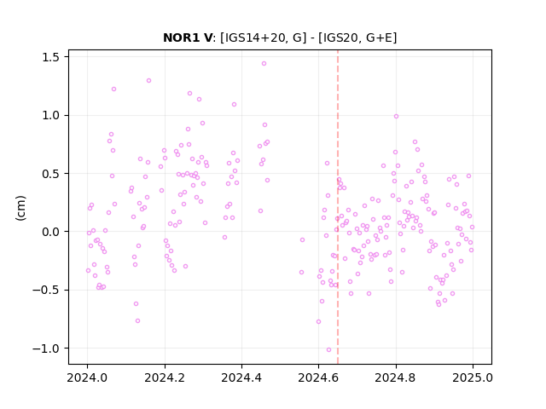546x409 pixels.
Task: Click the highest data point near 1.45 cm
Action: pyautogui.click(x=264, y=64)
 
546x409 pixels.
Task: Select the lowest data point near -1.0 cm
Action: pyautogui.click(x=328, y=350)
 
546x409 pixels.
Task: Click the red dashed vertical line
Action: pyautogui.click(x=338, y=207)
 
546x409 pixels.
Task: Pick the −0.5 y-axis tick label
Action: pyautogui.click(x=49, y=290)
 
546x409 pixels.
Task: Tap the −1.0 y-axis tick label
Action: pyautogui.click(x=49, y=349)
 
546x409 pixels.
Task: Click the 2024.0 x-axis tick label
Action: pyautogui.click(x=87, y=377)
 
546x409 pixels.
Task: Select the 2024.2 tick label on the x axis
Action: pyautogui.click(x=165, y=377)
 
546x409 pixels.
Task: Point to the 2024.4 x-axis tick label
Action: pyautogui.click(x=241, y=377)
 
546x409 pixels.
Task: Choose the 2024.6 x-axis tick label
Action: pyautogui.click(x=318, y=377)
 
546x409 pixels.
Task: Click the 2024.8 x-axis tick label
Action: pyautogui.click(x=396, y=377)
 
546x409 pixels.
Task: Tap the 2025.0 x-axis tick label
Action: pyautogui.click(x=473, y=377)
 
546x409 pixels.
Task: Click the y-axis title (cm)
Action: pyautogui.click(x=20, y=208)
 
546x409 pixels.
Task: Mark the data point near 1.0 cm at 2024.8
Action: pyautogui.click(x=396, y=117)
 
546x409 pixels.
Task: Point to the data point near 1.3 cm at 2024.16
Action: pyautogui.click(x=148, y=81)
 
